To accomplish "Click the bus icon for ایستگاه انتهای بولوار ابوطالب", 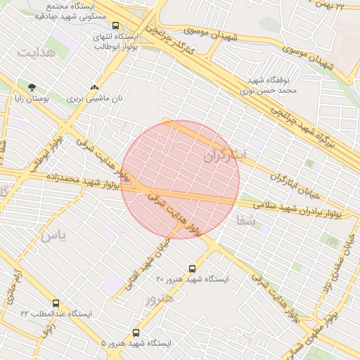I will point(116,25).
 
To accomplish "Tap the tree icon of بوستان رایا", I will point(32,87).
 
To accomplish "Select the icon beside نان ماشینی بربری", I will point(94,88).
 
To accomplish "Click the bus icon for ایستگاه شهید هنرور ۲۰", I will point(193,269).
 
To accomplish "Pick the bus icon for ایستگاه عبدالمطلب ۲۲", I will point(56,303).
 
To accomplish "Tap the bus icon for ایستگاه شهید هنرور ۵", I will point(136,333).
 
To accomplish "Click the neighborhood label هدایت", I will point(35,53).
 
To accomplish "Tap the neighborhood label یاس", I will point(53,236).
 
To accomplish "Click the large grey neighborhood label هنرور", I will point(158,301).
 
